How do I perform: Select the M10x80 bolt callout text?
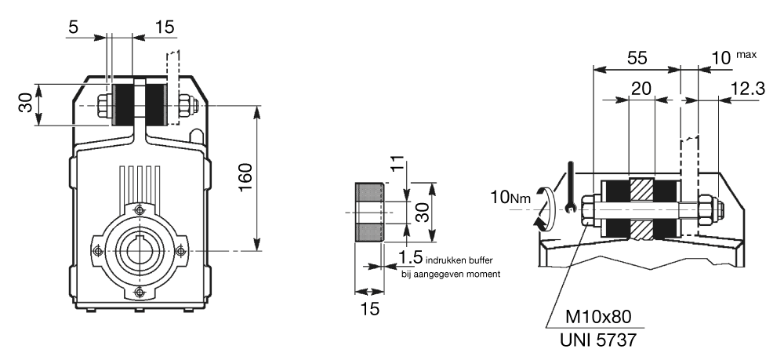point(599,318)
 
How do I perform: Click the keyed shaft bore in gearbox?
point(139,250)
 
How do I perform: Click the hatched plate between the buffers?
point(641,209)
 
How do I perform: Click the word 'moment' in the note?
point(483,274)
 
